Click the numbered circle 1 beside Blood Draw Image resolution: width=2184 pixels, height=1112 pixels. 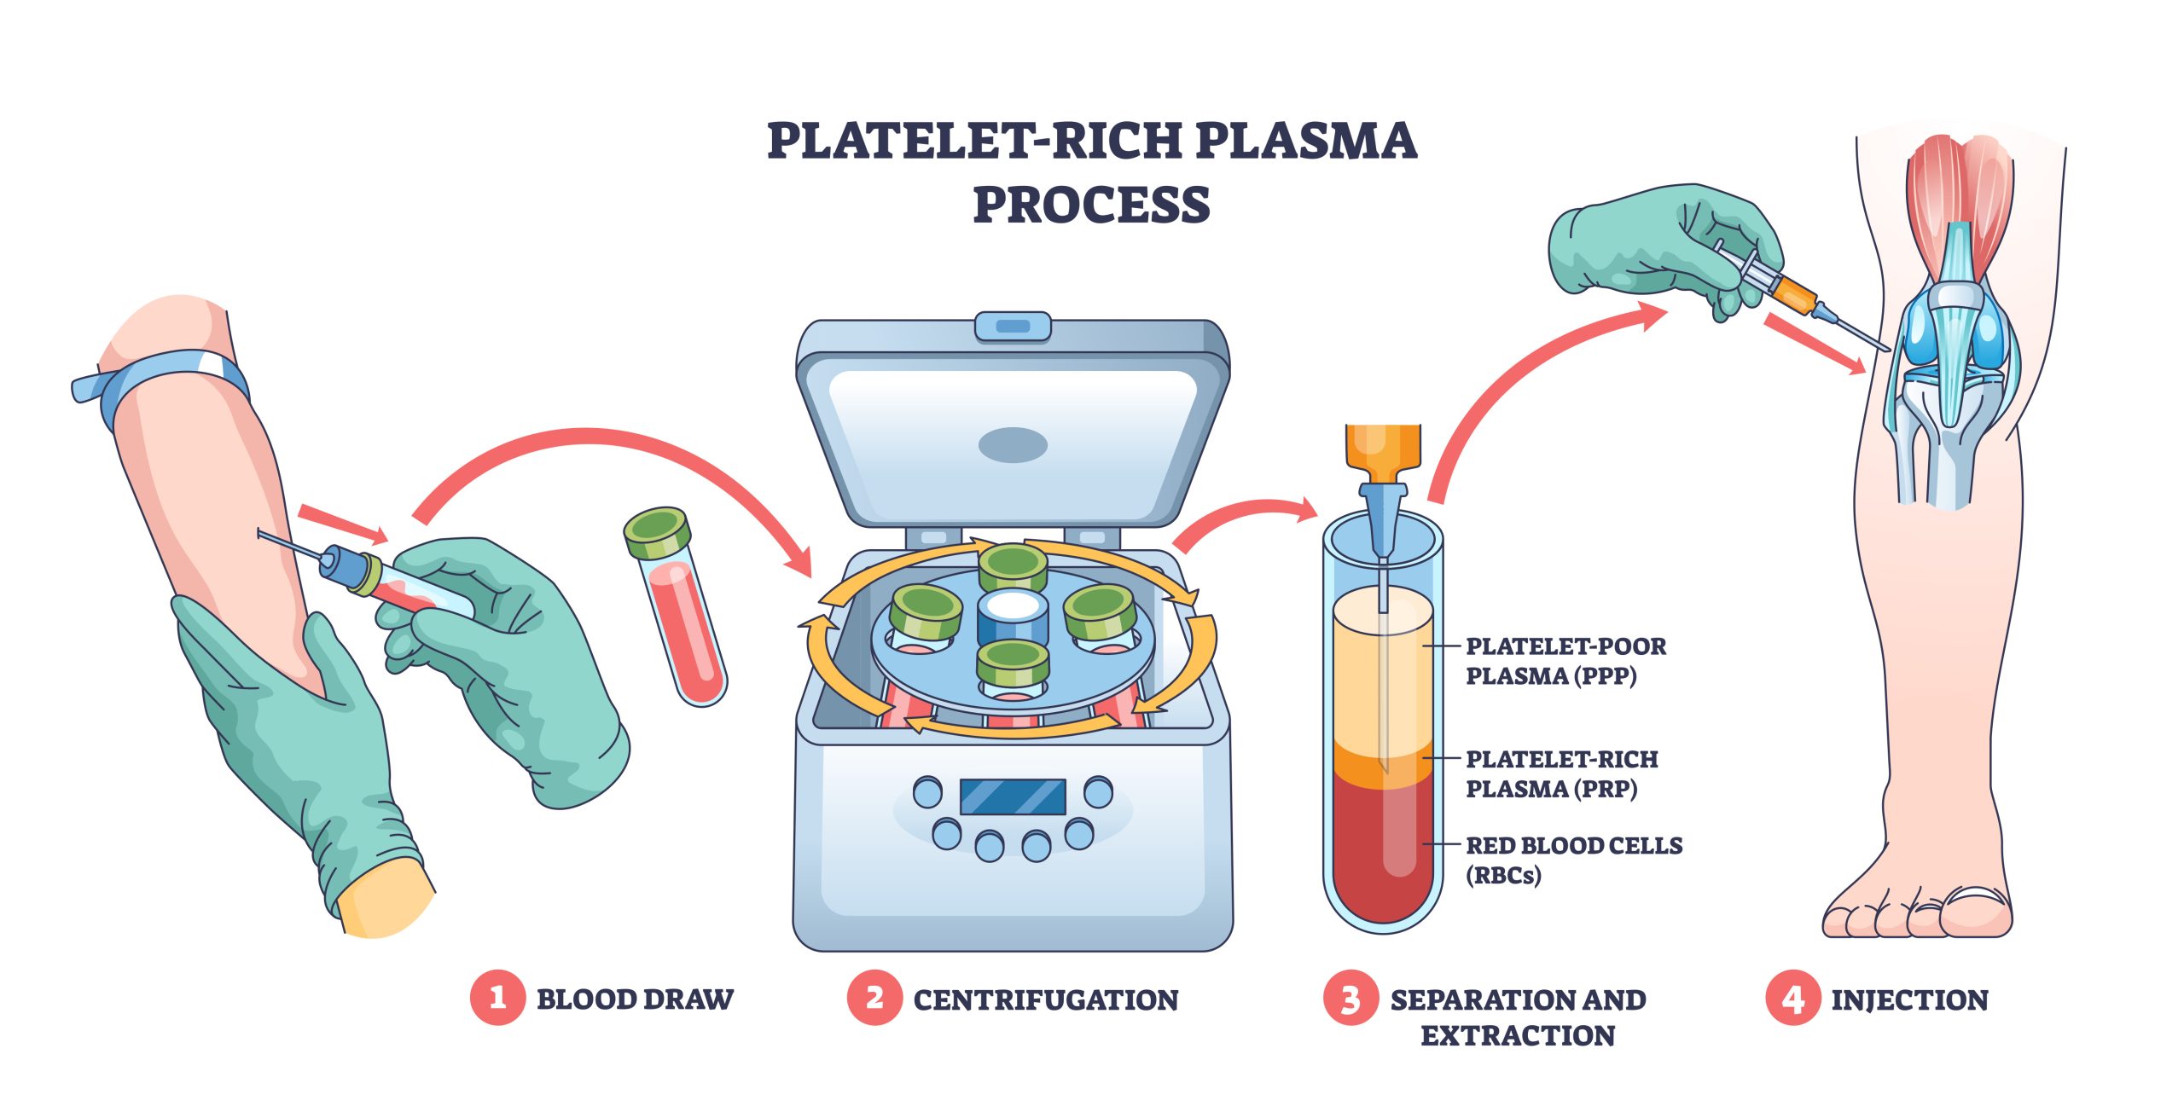pos(497,997)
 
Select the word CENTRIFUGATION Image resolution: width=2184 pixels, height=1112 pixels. pos(1045,999)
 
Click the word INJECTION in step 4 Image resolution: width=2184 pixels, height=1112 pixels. pos(1909,999)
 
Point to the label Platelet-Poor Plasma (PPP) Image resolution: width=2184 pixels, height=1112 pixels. pos(1565,661)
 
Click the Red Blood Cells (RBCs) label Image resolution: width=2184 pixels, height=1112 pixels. pos(1573,860)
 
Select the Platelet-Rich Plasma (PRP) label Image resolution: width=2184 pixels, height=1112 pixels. pos(1561,773)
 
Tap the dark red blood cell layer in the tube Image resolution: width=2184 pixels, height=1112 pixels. pos(1382,853)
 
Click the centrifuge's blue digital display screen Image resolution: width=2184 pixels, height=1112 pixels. pos(1013,796)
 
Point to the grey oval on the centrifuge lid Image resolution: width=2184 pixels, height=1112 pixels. pos(1013,444)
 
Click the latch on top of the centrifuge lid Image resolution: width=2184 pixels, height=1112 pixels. pos(1013,327)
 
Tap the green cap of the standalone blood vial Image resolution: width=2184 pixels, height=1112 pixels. pos(656,531)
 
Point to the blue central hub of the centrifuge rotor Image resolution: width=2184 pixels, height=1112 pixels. pos(1013,621)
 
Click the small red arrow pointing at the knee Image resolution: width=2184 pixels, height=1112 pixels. pos(1813,343)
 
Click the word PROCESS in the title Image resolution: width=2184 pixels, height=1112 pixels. pos(1091,205)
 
